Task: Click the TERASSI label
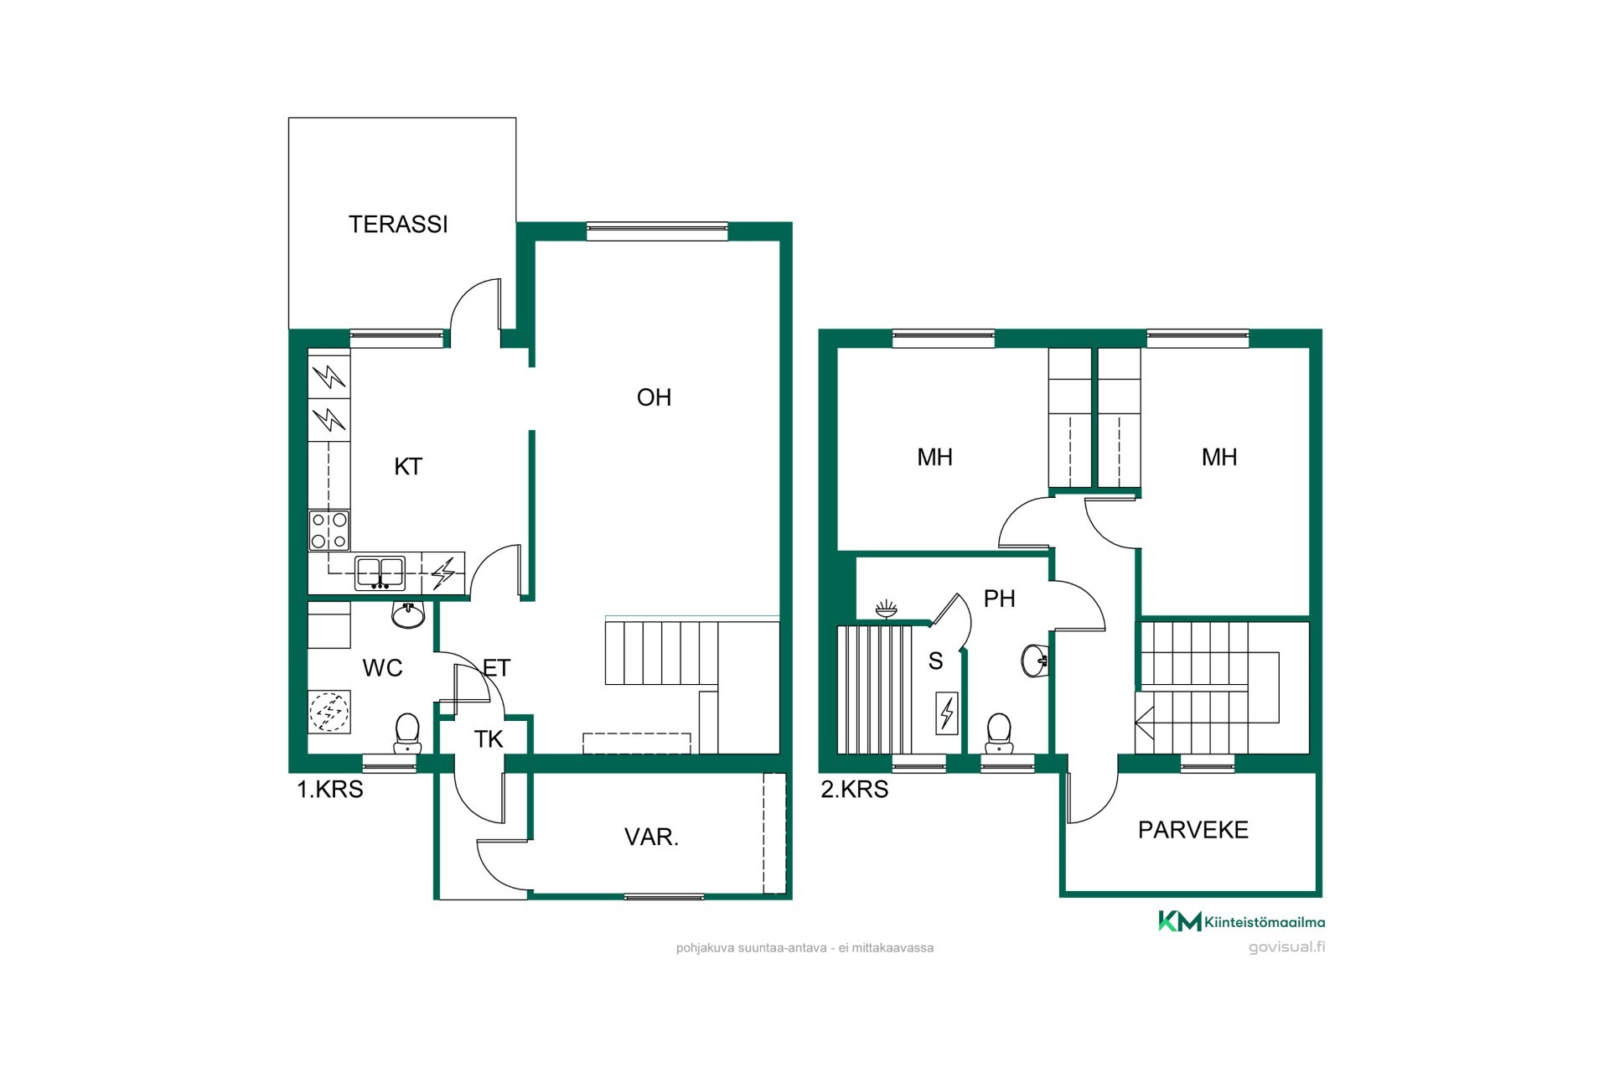tap(398, 225)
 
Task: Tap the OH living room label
tap(654, 397)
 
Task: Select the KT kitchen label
tap(408, 467)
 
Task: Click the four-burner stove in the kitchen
tap(329, 531)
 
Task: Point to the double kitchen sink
tap(380, 573)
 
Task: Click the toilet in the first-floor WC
tap(407, 733)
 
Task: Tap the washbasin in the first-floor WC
tap(408, 615)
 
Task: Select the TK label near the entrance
tap(489, 739)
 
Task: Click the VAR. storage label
tap(651, 837)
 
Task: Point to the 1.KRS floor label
tap(330, 790)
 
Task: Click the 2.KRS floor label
tap(855, 790)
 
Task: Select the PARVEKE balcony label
tap(1193, 830)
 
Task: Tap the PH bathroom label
tap(999, 599)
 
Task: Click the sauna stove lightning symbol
tap(947, 713)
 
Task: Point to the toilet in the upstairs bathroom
tap(999, 733)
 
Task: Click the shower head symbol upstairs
tap(886, 609)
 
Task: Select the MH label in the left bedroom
tap(934, 457)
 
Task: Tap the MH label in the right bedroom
tap(1219, 457)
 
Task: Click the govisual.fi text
tap(1287, 947)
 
